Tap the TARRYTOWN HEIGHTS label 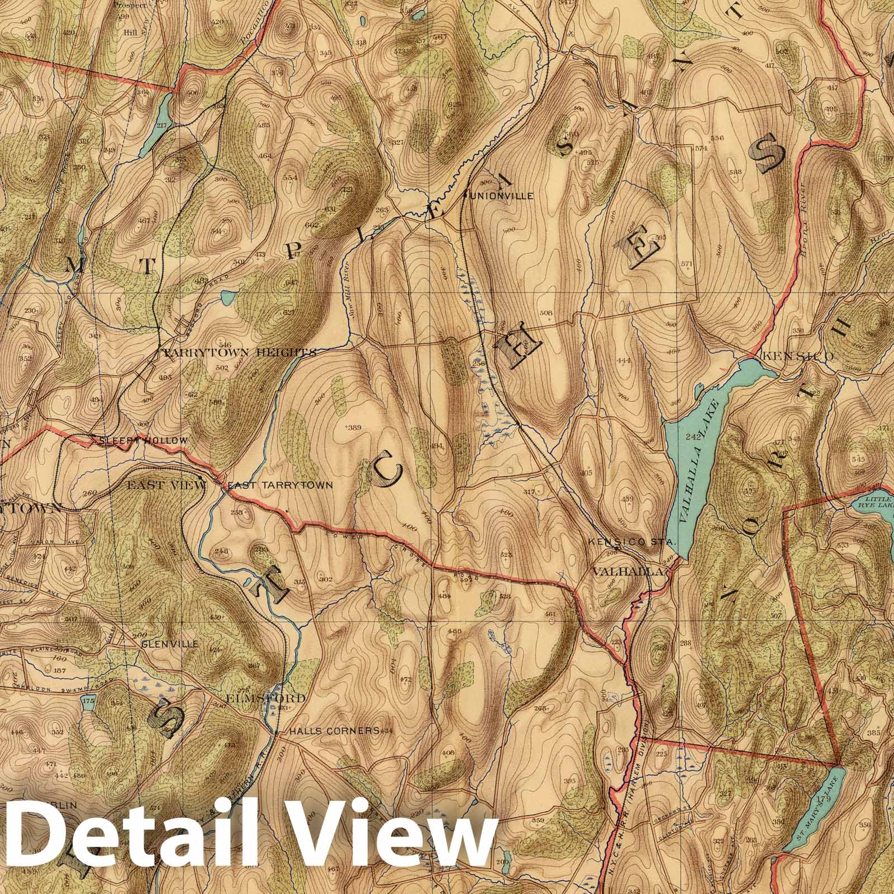pos(239,353)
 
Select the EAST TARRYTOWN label pos(279,486)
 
